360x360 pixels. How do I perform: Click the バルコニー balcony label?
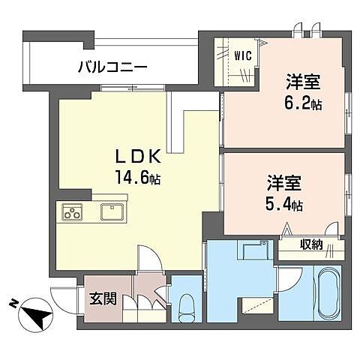112,67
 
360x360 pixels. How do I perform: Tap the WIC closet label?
241,55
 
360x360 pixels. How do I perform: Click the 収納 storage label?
312,244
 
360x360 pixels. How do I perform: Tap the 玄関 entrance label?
103,298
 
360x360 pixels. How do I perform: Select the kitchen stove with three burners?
71,212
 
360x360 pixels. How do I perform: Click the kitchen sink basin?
112,212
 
